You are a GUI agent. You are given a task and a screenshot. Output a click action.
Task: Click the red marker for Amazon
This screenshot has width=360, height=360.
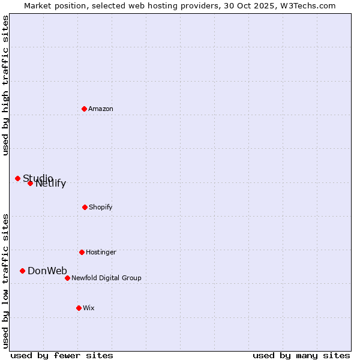84,109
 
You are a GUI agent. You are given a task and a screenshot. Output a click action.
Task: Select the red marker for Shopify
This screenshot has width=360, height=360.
85,207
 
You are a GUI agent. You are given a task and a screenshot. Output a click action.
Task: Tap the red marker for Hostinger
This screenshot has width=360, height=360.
82,252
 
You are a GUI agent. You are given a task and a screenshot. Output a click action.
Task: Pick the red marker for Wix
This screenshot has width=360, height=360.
79,308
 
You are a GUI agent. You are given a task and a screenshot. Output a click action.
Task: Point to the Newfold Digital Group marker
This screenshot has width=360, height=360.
67,278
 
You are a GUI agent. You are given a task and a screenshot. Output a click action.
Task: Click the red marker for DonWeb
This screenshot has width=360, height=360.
22,271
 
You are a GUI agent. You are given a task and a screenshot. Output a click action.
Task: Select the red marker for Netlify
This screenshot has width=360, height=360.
30,183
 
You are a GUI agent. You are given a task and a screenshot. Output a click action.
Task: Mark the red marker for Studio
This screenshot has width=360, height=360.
17,178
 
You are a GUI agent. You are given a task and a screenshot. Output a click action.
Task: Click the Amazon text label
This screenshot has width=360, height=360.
101,109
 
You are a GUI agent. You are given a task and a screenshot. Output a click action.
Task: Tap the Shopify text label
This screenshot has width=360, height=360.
101,208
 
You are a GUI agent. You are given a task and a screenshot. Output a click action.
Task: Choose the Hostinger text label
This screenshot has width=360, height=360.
101,253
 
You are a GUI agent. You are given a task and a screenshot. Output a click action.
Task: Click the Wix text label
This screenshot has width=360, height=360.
89,308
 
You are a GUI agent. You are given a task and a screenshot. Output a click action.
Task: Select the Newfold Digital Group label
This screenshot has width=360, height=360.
106,278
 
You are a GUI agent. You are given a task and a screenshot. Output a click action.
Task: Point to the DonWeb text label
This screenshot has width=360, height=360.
47,271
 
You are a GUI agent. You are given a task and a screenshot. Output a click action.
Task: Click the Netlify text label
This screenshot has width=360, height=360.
51,184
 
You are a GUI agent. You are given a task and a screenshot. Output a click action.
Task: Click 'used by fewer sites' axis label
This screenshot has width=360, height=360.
62,356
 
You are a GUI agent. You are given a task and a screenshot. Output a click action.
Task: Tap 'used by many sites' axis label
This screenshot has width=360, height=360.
301,356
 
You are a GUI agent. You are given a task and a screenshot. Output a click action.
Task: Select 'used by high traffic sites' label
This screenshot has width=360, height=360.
6,85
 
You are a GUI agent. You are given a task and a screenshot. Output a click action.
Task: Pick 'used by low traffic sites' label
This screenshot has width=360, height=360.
6,281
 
